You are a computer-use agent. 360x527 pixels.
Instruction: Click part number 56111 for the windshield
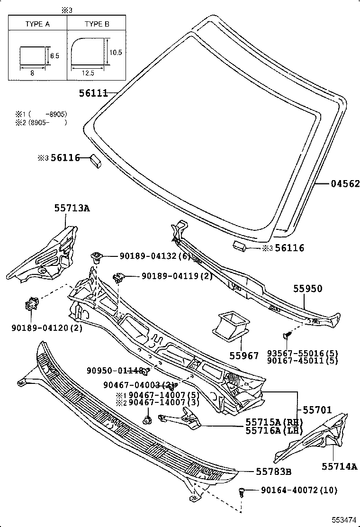[x=93, y=94]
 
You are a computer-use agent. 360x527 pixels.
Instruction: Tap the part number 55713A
[x=72, y=208]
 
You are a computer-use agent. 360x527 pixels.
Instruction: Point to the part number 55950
[x=307, y=289]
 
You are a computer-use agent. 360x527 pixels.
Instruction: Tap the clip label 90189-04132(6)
[x=154, y=256]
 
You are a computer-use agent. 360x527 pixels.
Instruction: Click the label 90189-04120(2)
[x=40, y=327]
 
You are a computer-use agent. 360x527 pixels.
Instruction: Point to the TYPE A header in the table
[x=37, y=23]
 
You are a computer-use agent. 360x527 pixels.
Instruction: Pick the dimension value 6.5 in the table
[x=54, y=56]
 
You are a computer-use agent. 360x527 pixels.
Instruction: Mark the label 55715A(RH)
[x=274, y=422]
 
